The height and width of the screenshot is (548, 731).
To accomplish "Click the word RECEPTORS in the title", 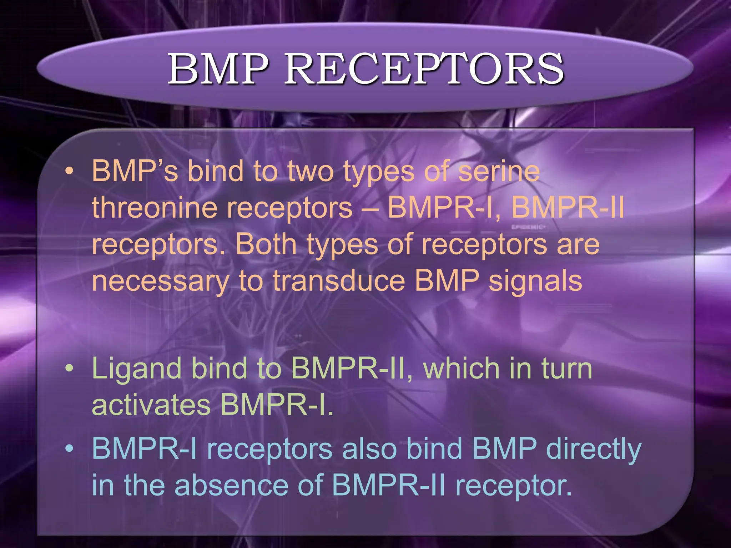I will click(424, 69).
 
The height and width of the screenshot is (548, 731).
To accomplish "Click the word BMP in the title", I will click(218, 69).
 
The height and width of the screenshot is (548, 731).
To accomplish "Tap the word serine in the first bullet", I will click(499, 171).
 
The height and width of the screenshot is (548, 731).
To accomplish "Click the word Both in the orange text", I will click(266, 244).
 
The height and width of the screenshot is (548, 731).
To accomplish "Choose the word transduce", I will click(339, 281).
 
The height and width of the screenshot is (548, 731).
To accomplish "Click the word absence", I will click(231, 485).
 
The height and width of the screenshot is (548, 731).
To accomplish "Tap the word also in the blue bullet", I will click(369, 448).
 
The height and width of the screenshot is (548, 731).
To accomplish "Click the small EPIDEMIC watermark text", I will click(529, 227).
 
